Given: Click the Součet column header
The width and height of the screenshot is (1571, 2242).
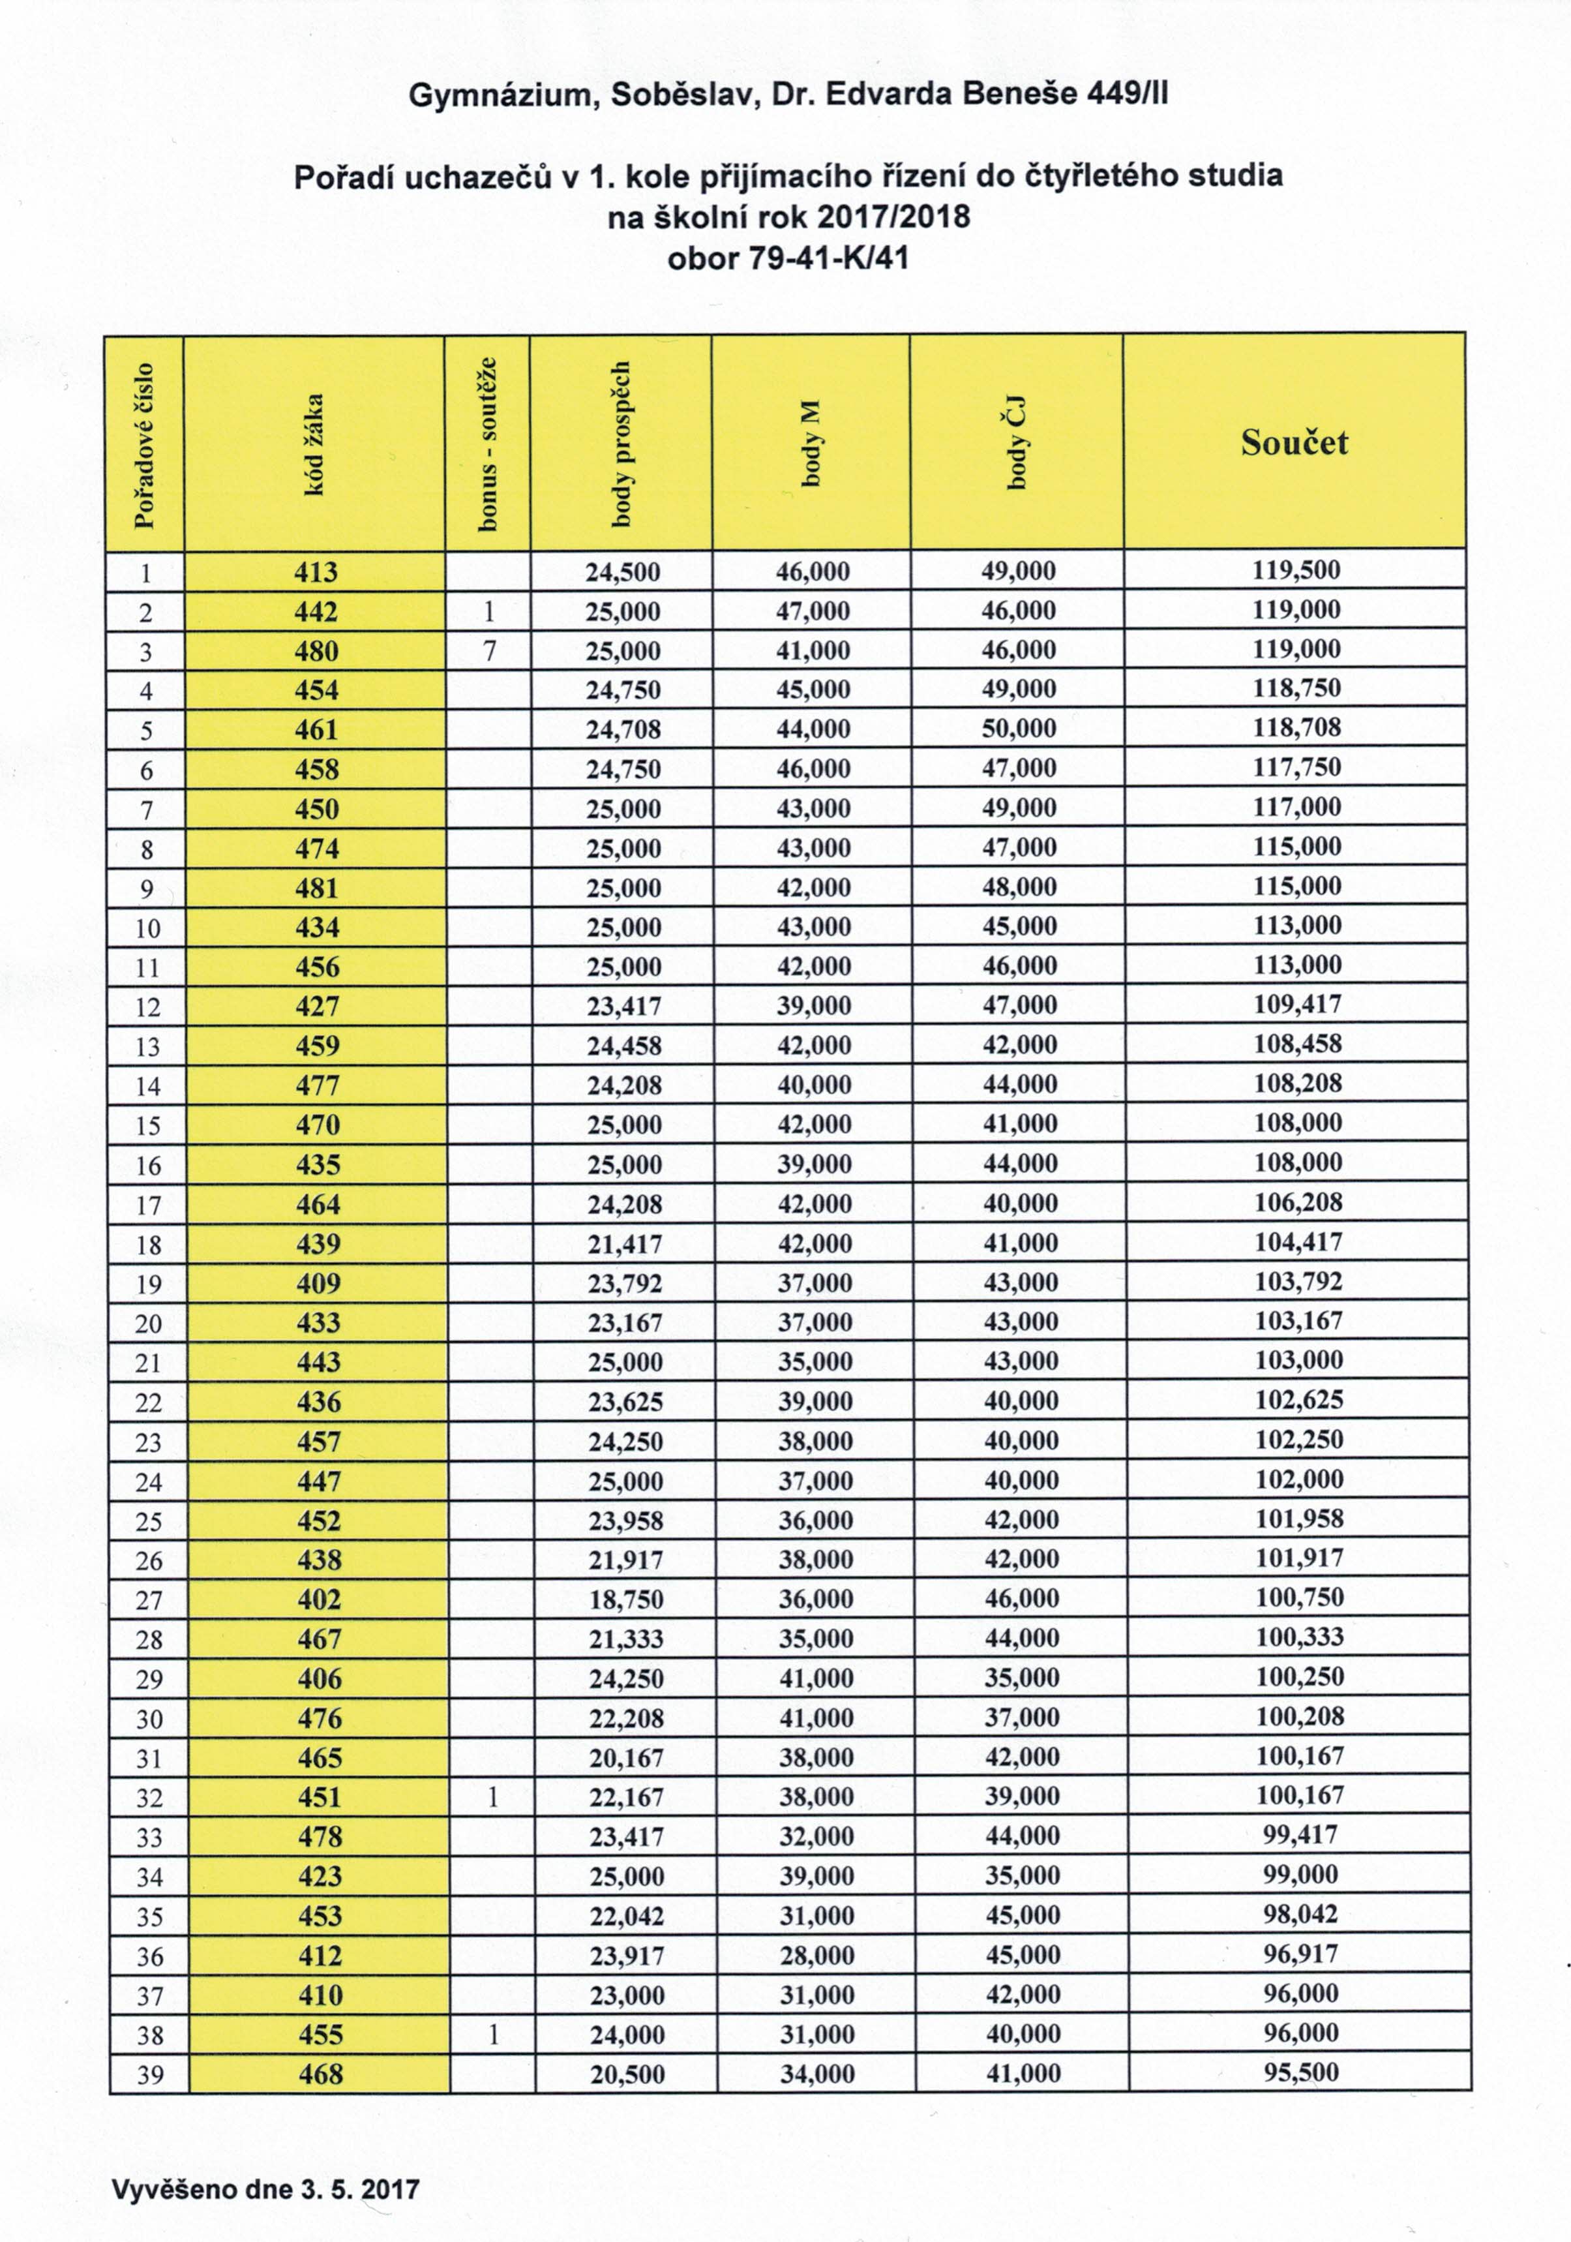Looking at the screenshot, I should [x=1294, y=442].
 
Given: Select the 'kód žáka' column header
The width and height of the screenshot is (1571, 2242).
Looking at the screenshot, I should [x=314, y=444].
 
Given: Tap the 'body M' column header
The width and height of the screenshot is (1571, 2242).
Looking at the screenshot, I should [x=811, y=444].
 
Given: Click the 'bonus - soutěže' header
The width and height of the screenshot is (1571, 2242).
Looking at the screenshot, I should [x=487, y=444].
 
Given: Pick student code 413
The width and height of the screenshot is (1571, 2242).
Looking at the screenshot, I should [x=316, y=571].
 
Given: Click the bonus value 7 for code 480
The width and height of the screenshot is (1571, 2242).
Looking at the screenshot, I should [x=489, y=650].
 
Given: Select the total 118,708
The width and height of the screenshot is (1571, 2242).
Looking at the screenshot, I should [x=1296, y=727].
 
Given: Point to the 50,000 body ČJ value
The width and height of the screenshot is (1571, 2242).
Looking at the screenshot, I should [x=1019, y=729].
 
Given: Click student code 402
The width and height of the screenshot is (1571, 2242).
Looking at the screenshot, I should [x=320, y=1599].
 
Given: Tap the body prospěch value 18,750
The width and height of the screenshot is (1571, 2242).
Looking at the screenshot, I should [x=626, y=1599].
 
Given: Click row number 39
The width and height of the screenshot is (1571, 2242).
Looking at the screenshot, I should [x=149, y=2074].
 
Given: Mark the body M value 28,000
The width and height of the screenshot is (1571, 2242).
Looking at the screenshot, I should [x=816, y=1955].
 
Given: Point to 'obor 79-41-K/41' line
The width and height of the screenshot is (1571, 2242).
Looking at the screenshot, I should [x=787, y=259].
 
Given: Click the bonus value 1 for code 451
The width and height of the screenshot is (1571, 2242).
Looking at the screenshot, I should [x=492, y=1796].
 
